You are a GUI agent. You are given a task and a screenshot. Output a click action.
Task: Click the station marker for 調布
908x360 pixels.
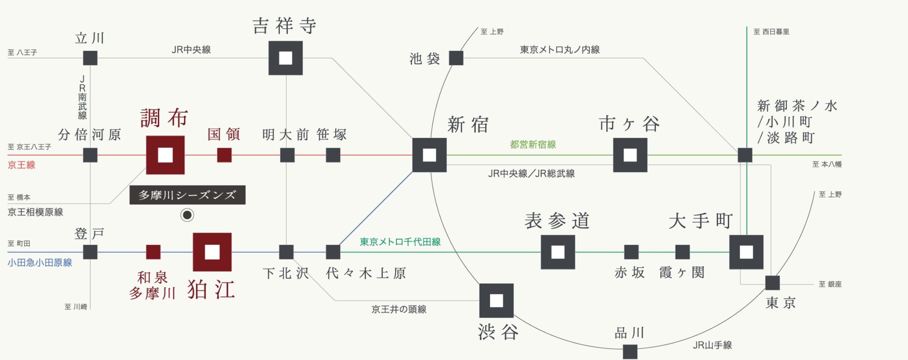(165, 155)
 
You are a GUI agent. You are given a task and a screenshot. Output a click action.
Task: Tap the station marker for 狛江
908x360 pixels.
(212, 252)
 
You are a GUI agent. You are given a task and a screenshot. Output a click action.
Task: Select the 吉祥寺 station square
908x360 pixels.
(286, 58)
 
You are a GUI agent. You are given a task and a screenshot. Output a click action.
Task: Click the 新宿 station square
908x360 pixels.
(429, 155)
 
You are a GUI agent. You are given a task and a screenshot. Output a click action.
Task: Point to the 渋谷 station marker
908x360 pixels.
(496, 300)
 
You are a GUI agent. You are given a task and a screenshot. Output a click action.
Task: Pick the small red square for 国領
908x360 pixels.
(224, 155)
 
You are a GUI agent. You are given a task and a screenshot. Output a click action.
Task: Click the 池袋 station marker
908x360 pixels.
(456, 58)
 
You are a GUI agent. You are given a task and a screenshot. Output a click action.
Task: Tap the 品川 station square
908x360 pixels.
(630, 351)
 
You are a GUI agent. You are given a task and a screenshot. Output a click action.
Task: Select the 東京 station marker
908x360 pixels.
(772, 283)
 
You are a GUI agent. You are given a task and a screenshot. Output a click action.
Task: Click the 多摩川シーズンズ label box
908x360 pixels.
(187, 195)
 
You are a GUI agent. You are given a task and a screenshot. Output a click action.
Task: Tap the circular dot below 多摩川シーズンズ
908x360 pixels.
(187, 215)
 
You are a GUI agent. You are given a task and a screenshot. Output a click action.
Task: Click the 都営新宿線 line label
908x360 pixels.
(533, 145)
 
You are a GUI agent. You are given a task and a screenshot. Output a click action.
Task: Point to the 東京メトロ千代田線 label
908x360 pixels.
(400, 242)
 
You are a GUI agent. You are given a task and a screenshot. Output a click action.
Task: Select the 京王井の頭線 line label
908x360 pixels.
(399, 309)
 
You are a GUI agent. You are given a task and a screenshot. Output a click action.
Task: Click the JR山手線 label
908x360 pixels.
(712, 345)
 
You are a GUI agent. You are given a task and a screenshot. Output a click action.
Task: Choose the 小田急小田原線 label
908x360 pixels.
(39, 263)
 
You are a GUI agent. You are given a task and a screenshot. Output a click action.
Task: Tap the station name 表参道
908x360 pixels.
(557, 221)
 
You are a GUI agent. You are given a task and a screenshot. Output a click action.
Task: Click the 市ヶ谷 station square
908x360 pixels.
(630, 155)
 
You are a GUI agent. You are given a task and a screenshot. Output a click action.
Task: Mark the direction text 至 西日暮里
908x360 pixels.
(771, 32)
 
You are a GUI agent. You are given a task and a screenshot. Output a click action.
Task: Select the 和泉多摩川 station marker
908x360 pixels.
(153, 252)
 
